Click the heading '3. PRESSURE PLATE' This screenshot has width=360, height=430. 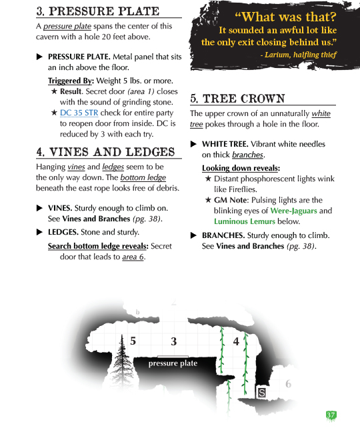click(97, 11)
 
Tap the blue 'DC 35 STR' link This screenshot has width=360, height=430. click(79, 113)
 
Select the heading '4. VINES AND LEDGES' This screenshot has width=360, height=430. click(105, 152)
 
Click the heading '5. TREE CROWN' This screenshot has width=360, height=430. click(237, 99)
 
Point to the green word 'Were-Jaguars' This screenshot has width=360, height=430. click(293, 211)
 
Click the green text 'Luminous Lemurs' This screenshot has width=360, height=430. click(245, 221)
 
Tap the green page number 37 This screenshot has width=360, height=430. click(331, 415)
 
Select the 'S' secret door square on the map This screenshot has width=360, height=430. click(262, 393)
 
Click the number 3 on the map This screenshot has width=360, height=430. click(173, 342)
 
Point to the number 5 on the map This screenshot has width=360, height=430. click(133, 341)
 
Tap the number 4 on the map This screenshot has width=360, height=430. click(236, 341)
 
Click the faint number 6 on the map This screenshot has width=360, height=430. click(288, 384)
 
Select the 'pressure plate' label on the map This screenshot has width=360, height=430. click(173, 363)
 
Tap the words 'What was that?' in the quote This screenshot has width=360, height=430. click(285, 17)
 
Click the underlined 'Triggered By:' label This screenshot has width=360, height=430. click(71, 81)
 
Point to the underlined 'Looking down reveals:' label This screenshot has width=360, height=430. click(241, 168)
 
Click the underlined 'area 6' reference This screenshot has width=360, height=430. click(133, 257)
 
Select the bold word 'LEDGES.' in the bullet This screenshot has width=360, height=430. click(63, 232)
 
